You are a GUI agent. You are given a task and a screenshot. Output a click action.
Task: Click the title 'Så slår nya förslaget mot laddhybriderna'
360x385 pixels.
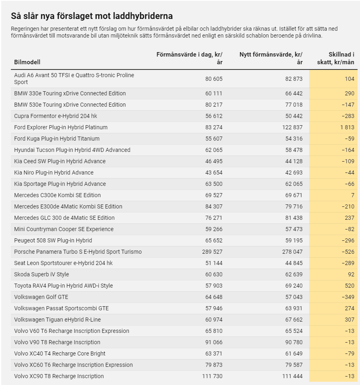[x=92, y=16]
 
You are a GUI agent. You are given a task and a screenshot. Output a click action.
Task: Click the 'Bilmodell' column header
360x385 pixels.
[x=27, y=62]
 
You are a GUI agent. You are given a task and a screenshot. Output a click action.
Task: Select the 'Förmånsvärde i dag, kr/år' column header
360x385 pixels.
[x=189, y=58]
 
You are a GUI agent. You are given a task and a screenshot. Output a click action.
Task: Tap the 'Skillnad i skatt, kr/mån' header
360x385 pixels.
[x=335, y=58]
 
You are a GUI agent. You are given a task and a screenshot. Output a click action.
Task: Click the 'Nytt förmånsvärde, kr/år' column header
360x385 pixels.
[x=271, y=58]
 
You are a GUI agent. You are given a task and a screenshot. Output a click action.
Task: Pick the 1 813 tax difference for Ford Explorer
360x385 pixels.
[x=347, y=127]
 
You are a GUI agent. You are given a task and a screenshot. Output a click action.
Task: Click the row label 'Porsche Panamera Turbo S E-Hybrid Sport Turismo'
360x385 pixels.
[x=78, y=252]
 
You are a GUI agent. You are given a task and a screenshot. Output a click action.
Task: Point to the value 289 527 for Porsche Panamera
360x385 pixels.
[x=212, y=252]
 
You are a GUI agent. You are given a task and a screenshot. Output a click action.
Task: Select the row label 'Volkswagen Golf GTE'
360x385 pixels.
[x=41, y=297]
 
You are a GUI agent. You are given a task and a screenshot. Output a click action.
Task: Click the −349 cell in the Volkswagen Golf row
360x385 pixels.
[x=348, y=297]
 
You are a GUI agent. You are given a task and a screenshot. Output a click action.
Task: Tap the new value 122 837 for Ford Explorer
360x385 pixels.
[x=292, y=127]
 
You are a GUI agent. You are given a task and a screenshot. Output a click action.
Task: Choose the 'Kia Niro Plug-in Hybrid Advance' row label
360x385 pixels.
[x=54, y=173]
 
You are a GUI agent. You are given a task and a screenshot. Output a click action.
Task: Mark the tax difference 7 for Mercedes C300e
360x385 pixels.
[x=353, y=195]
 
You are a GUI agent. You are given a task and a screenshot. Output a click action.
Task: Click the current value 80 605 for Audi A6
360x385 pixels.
[x=214, y=79]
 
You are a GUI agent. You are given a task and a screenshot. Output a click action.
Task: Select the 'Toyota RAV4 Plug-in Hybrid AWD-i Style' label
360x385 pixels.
[x=63, y=286]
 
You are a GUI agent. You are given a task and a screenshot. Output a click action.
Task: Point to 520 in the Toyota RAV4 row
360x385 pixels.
[x=350, y=286]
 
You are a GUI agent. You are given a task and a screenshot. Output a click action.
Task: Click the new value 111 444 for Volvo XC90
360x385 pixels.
[x=292, y=376]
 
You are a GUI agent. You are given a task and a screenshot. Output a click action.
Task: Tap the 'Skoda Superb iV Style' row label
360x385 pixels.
[x=42, y=274]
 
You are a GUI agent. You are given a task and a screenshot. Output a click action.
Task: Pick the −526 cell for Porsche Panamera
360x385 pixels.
[x=348, y=252]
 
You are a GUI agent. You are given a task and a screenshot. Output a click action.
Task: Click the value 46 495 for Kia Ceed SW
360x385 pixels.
[x=214, y=161]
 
